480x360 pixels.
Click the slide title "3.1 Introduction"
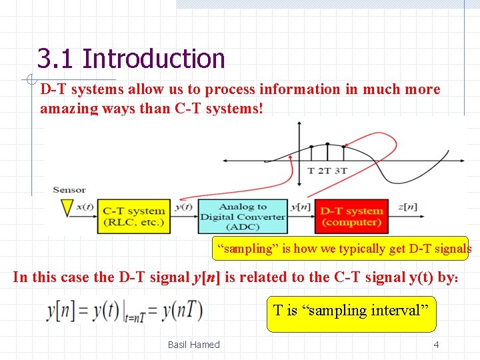click(x=131, y=59)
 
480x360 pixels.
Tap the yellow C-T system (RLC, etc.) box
click(x=133, y=216)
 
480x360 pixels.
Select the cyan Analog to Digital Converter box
click(x=243, y=216)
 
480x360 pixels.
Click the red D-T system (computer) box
click(x=351, y=216)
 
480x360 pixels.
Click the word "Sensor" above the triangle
click(x=69, y=190)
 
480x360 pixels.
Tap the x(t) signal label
click(x=85, y=206)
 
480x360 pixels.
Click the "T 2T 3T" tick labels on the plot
click(x=327, y=171)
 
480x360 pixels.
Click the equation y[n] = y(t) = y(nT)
click(x=124, y=311)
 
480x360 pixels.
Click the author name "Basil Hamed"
click(x=193, y=345)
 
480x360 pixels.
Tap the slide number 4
click(x=436, y=345)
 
